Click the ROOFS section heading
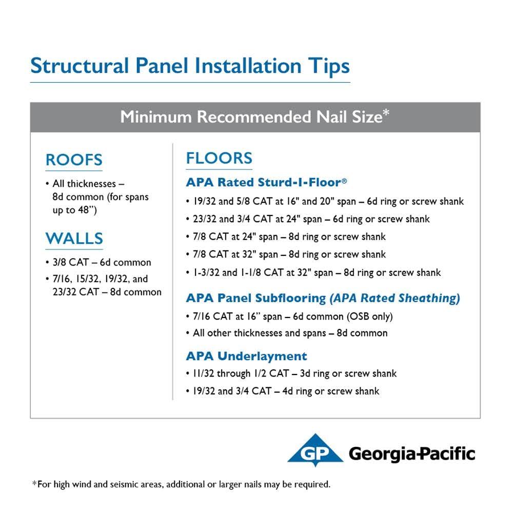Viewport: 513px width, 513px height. coord(74,160)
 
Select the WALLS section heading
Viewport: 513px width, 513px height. coord(74,238)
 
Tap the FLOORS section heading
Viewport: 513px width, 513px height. coord(219,158)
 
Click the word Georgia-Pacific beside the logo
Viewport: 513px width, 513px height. coord(412,454)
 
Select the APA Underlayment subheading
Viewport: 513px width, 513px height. coord(246,356)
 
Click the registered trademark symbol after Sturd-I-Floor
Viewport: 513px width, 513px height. coord(344,180)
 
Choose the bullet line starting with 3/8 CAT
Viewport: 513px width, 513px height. coord(98,262)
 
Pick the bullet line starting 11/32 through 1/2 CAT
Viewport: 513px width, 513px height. coord(291,373)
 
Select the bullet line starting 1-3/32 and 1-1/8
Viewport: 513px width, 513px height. coord(313,272)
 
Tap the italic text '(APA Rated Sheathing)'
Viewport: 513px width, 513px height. coord(394,298)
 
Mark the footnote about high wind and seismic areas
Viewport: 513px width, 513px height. coord(181,484)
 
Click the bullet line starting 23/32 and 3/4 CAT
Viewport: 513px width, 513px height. coord(308,219)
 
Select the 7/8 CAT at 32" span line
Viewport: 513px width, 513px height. coord(286,254)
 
